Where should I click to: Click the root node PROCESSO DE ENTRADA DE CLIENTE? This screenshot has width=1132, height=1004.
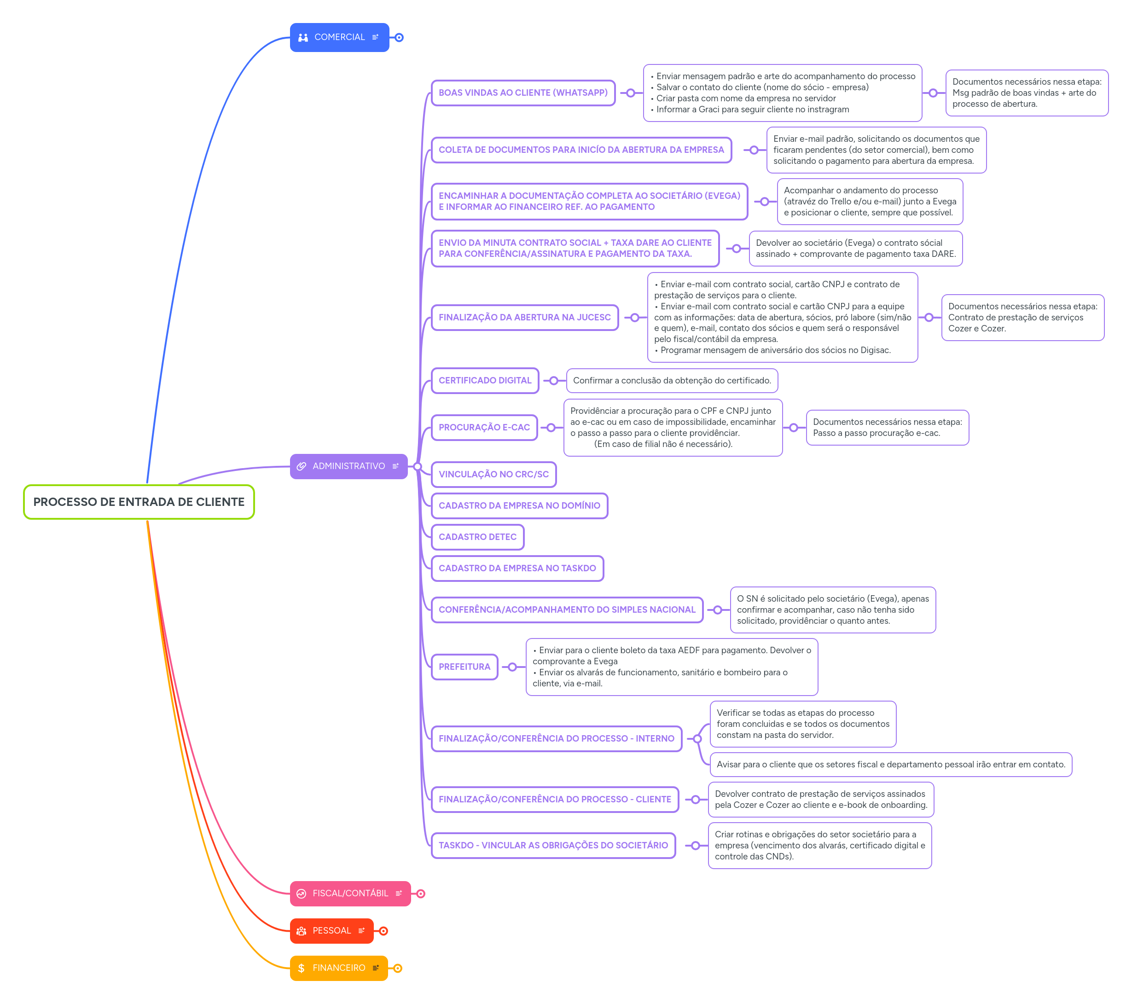pyautogui.click(x=139, y=502)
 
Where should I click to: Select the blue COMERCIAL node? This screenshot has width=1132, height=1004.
pyautogui.click(x=339, y=37)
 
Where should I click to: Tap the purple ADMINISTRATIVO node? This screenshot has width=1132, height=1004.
pyautogui.click(x=348, y=466)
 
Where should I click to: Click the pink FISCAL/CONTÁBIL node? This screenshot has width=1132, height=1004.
pyautogui.click(x=349, y=893)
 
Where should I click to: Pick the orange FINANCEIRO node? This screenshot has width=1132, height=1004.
pyautogui.click(x=338, y=968)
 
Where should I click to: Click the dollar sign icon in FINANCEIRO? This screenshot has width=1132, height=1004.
pyautogui.click(x=301, y=968)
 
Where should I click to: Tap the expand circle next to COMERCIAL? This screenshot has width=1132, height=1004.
pyautogui.click(x=399, y=38)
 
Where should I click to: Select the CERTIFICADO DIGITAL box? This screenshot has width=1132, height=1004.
pyautogui.click(x=485, y=380)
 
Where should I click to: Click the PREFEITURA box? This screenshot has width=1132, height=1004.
pyautogui.click(x=464, y=667)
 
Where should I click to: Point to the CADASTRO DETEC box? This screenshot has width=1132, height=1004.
pyautogui.click(x=477, y=537)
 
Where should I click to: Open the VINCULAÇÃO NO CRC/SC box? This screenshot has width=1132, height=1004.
pyautogui.click(x=493, y=474)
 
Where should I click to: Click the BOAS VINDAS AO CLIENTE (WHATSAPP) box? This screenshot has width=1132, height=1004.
pyautogui.click(x=523, y=93)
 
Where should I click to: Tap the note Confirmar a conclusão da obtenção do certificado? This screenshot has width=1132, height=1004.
pyautogui.click(x=672, y=380)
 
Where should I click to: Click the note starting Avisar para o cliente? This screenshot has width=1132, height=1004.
pyautogui.click(x=890, y=764)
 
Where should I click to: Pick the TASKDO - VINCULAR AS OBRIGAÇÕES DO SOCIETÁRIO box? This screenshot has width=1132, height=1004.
pyautogui.click(x=553, y=845)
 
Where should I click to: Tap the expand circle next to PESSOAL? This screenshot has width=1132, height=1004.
pyautogui.click(x=383, y=931)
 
